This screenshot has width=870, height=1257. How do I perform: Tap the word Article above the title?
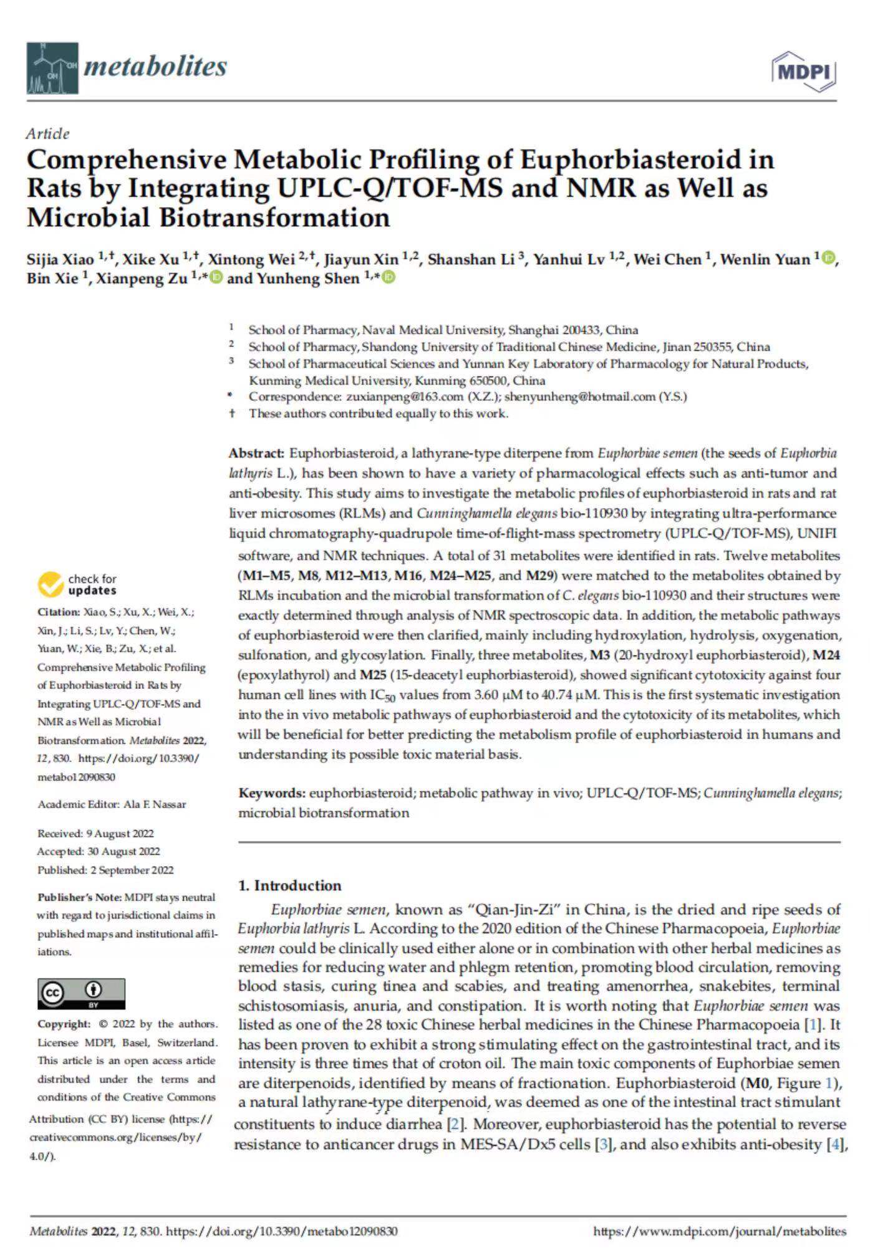[x=48, y=133]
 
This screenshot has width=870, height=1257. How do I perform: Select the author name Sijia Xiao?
[x=60, y=259]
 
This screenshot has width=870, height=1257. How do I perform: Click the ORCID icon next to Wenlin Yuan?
[x=828, y=258]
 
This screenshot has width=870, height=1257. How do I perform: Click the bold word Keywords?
[x=272, y=793]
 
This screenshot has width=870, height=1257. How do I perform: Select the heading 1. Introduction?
[x=290, y=885]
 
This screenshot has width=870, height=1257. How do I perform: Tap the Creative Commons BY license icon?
[x=81, y=993]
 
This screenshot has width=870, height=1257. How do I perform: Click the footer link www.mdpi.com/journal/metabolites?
[x=720, y=1231]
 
